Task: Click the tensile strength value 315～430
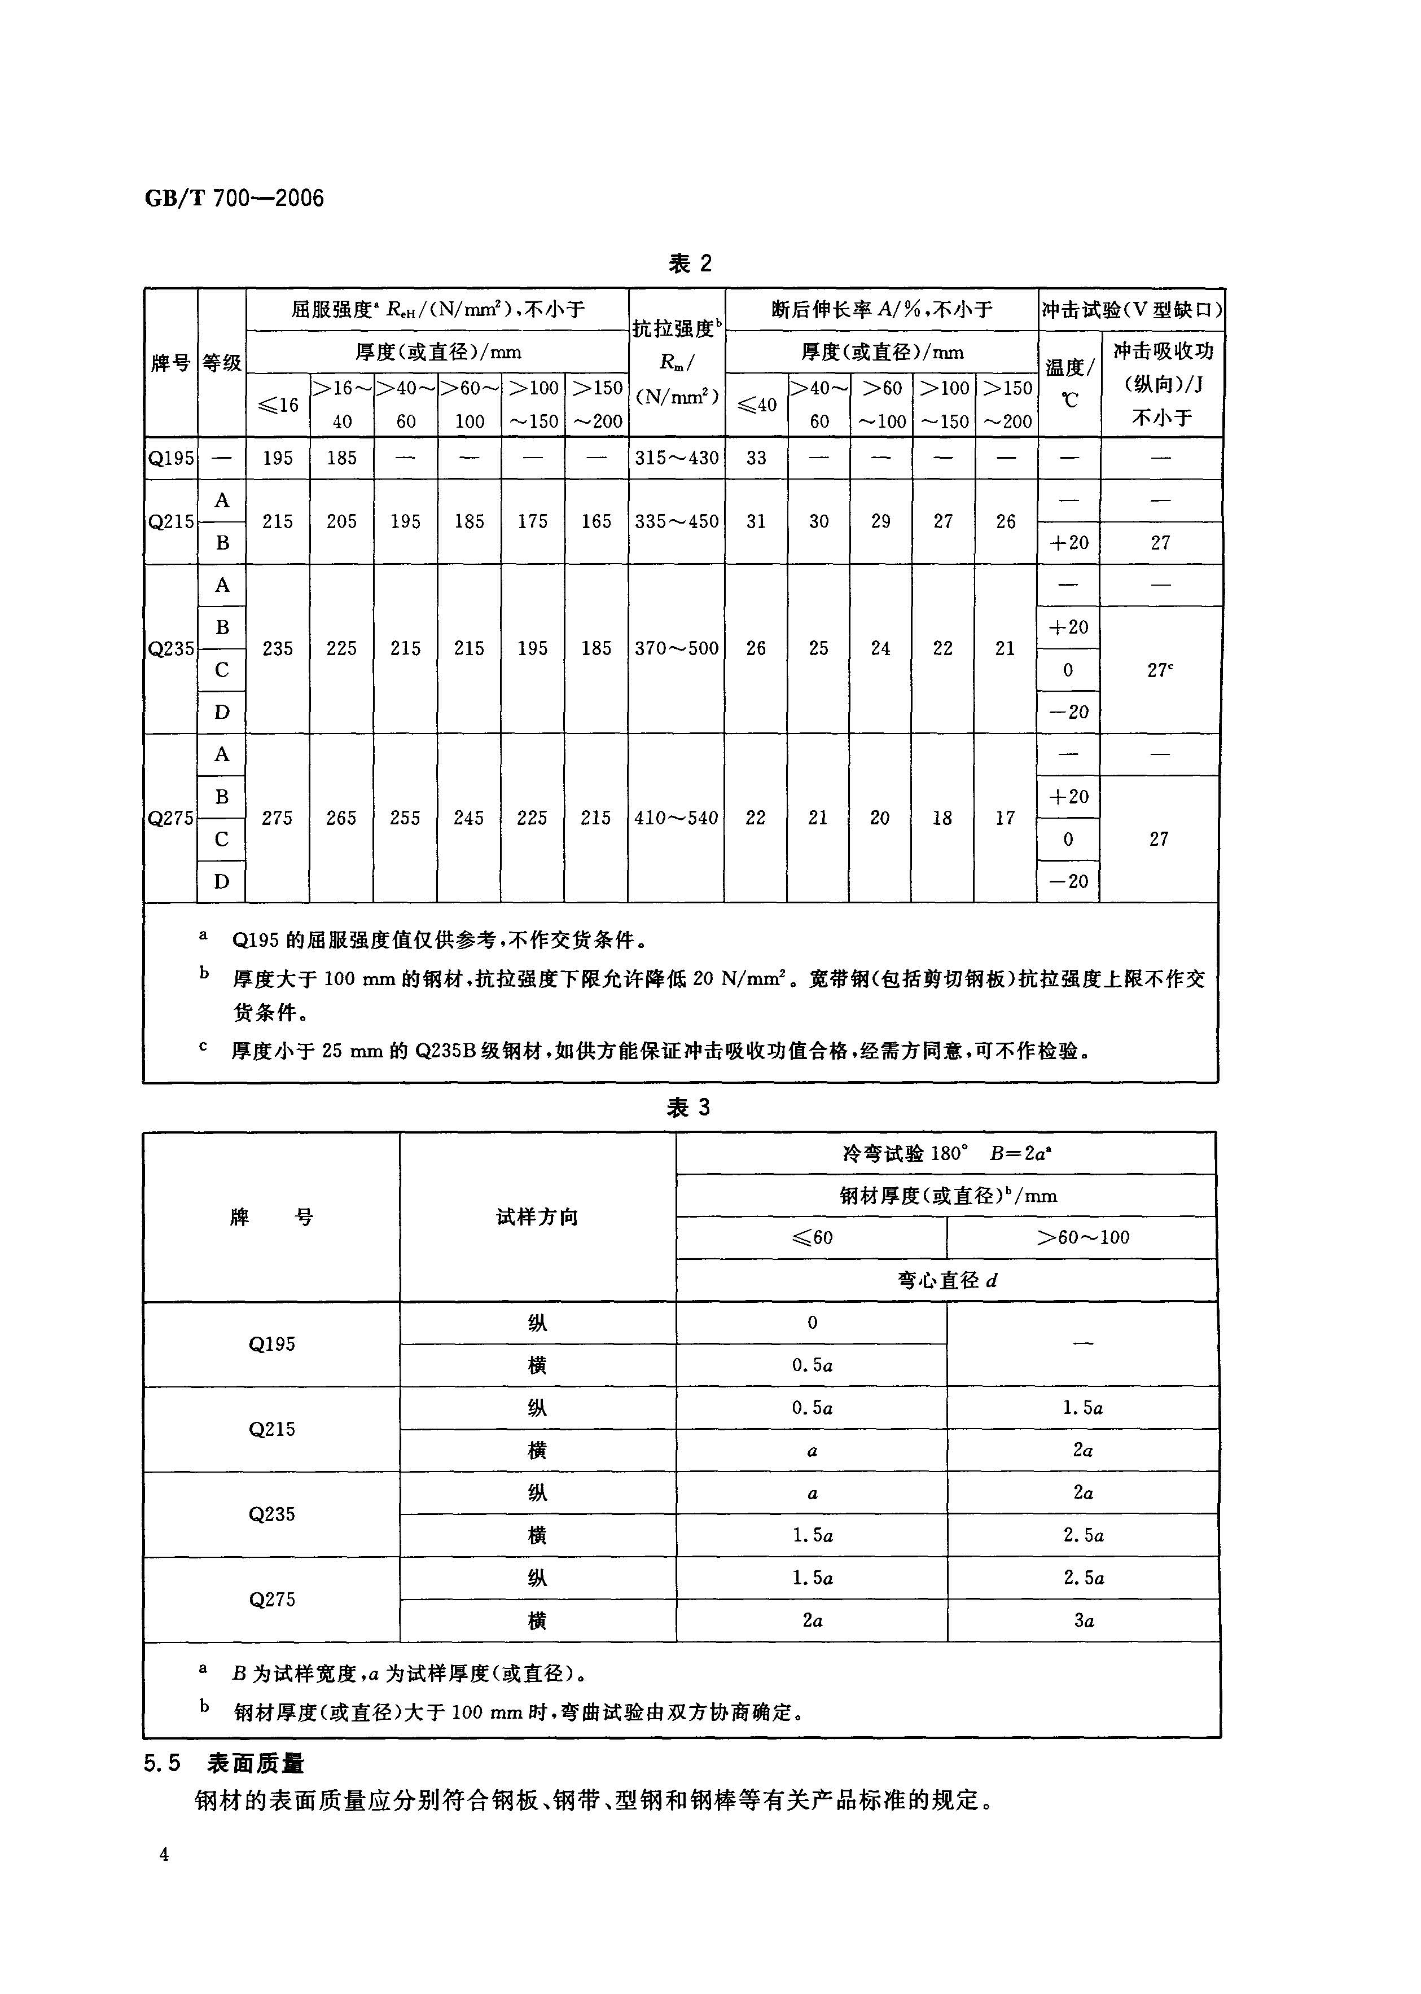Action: coord(677,458)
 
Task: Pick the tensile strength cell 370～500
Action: coord(677,648)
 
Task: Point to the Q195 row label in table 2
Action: coord(170,458)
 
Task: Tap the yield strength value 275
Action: coord(278,818)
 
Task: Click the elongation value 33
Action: coord(756,458)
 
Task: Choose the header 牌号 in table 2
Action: coord(170,362)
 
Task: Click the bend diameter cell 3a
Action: coord(1084,1620)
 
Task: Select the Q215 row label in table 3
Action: coord(271,1429)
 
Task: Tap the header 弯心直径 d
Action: coord(947,1280)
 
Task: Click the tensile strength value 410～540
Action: coord(677,818)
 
